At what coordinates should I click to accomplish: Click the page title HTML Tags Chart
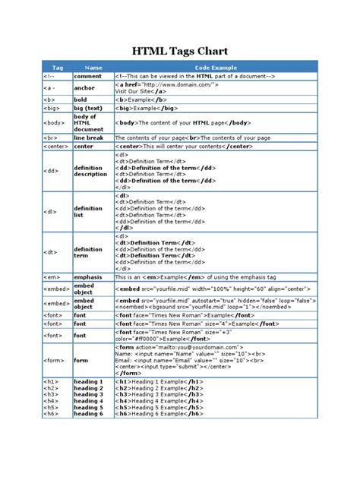(x=180, y=50)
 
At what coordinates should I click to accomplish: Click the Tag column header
(x=57, y=68)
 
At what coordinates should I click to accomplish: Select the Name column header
(x=93, y=68)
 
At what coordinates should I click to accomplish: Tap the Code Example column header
(x=215, y=68)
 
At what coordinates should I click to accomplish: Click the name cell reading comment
(x=87, y=77)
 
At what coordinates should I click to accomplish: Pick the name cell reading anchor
(x=84, y=88)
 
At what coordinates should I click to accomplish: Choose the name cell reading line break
(x=90, y=138)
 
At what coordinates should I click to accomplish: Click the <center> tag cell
(x=55, y=147)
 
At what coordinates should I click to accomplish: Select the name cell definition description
(x=90, y=171)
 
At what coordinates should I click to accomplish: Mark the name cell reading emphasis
(x=89, y=277)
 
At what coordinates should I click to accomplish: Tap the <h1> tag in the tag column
(x=50, y=381)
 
